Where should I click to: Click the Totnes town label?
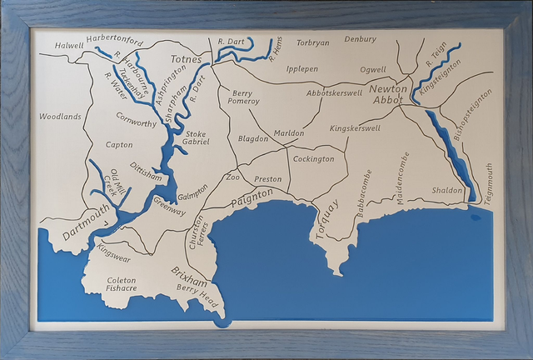click(187, 60)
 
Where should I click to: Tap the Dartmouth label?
click(86, 223)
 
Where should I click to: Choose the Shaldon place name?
click(447, 191)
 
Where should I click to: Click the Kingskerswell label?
click(355, 128)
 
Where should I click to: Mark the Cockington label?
click(314, 158)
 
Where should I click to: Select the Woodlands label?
click(60, 117)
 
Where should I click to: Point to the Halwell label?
click(70, 45)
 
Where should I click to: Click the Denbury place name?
click(360, 38)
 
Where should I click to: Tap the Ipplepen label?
click(301, 69)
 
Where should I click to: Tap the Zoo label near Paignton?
click(232, 177)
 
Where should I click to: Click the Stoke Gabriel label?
click(197, 137)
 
